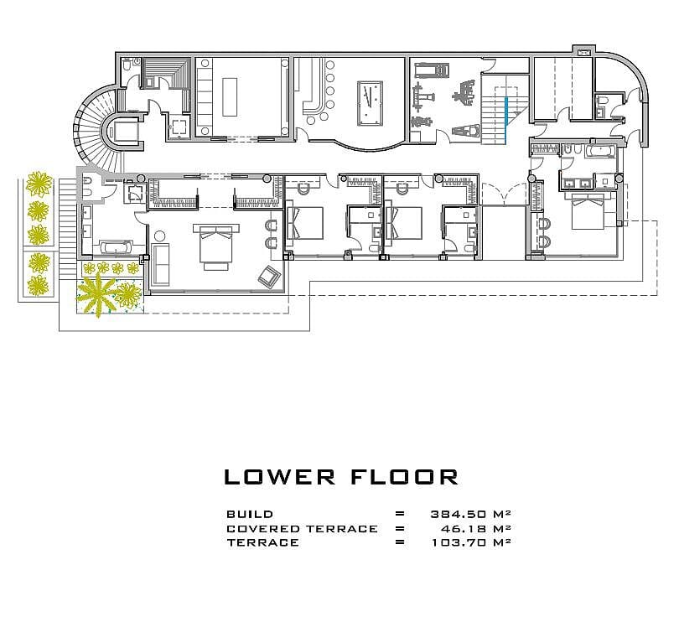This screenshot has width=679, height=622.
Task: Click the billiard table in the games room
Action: coord(370,103)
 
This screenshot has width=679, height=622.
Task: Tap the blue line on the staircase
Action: coord(505,121)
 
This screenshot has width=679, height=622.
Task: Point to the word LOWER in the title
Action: coord(279,477)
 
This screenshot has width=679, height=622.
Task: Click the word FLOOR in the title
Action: coord(403,477)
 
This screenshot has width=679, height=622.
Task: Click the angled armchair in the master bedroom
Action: coord(269,276)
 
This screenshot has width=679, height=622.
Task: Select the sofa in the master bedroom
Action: coord(160,265)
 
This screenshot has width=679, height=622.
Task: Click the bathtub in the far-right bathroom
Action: coord(599,151)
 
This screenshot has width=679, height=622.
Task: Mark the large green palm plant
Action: coord(96,293)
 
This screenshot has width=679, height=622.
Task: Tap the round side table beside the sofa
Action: coord(159,236)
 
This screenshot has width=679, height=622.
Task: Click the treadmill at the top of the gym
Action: coord(432,70)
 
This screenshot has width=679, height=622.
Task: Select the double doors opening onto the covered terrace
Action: coord(504,194)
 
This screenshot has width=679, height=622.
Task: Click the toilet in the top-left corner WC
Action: coord(127,65)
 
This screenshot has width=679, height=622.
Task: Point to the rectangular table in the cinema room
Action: coord(230,97)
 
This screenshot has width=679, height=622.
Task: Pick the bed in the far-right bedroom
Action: coord(588,210)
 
